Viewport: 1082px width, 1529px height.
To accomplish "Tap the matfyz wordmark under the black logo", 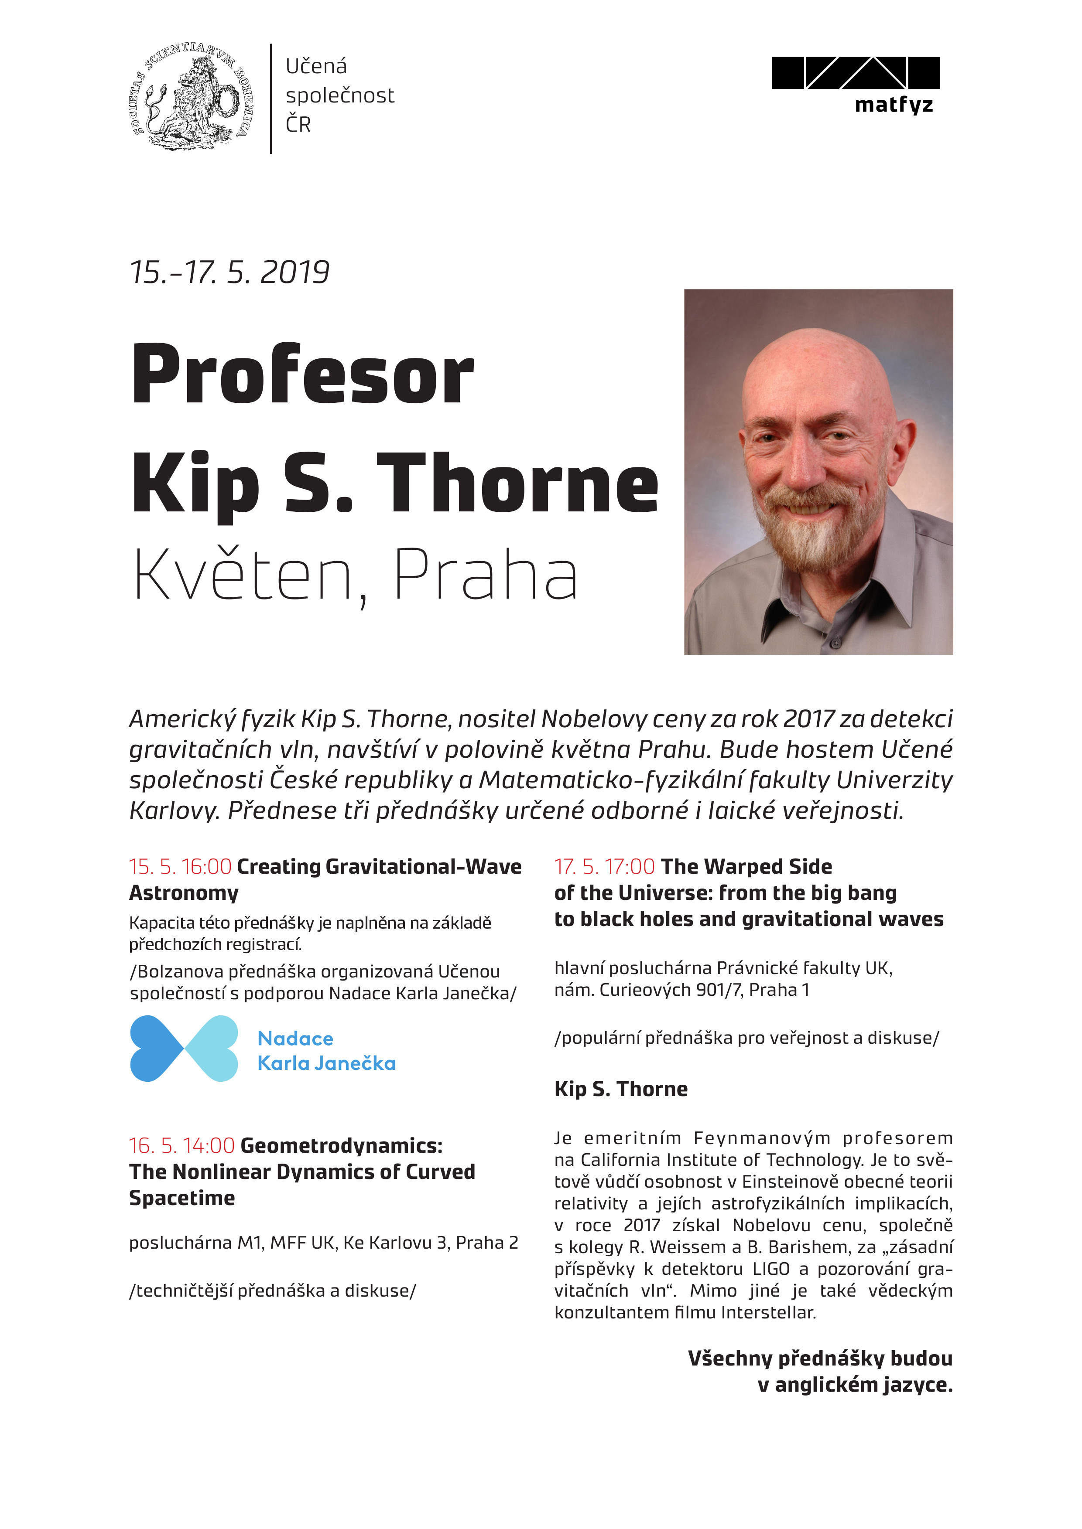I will coord(894,105).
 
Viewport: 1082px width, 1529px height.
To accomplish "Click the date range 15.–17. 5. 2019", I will coord(230,272).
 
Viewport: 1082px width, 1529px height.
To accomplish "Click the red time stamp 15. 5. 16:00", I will coord(180,866).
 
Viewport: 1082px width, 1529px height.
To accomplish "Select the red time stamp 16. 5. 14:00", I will coord(181,1145).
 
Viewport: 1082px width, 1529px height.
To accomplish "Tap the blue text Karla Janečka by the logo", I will coord(326,1063).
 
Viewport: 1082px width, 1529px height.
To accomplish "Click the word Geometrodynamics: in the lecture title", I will coord(341,1145).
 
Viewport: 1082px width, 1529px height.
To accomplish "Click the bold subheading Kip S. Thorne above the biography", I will coord(621,1089).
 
